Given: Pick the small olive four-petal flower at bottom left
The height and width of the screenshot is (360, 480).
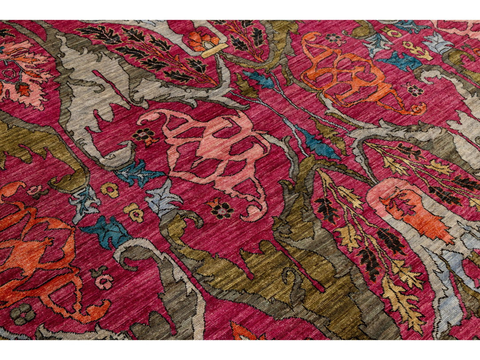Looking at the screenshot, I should [22, 314].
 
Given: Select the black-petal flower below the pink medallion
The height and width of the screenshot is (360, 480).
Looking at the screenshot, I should [221, 209].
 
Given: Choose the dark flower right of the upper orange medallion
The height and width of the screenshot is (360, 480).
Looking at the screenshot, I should [416, 90].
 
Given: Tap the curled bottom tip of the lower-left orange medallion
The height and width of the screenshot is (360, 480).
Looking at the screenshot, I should [96, 311].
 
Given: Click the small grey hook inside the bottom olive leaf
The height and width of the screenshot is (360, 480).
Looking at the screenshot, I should [291, 278].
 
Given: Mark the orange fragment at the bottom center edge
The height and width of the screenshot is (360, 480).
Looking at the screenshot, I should [242, 332].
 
